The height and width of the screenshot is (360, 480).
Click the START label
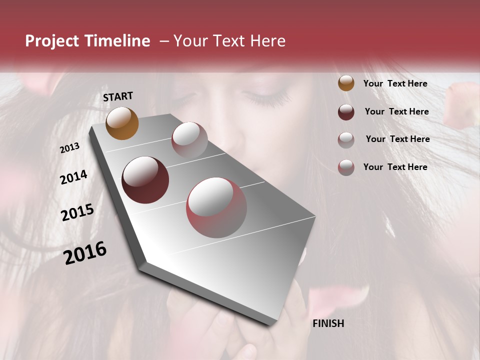click(x=118, y=96)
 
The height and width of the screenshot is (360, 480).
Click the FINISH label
click(x=328, y=323)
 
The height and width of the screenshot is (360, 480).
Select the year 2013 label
click(x=69, y=148)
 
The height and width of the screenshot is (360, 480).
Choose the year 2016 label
click(x=85, y=253)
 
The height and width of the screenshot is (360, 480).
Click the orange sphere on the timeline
click(x=122, y=123)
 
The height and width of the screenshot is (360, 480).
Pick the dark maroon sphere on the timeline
click(x=145, y=180)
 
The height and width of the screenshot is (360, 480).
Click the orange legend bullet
click(x=346, y=83)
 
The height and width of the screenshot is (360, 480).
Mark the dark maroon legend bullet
click(x=346, y=112)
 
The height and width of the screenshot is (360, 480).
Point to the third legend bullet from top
click(x=346, y=140)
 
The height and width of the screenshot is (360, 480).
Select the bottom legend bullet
click(x=346, y=167)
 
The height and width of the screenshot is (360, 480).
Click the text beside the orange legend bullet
click(x=395, y=83)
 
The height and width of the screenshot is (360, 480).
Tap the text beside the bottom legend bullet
click(x=395, y=167)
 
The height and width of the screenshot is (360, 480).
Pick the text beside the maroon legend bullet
click(x=396, y=111)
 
